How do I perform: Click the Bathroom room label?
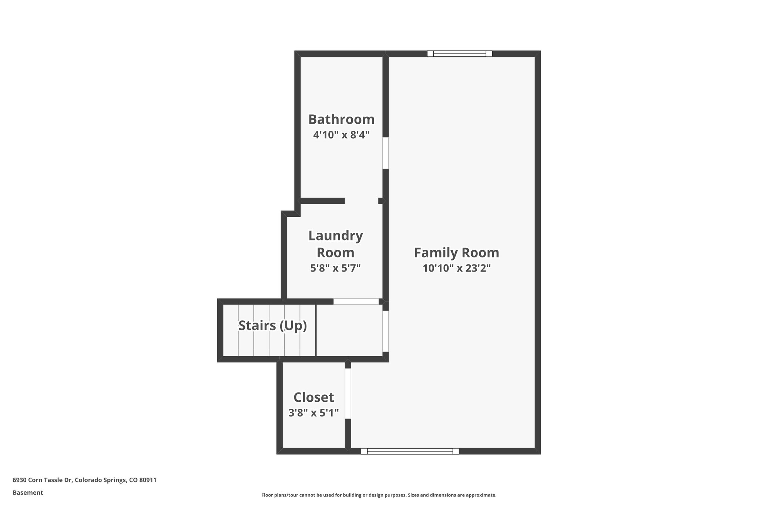(341, 119)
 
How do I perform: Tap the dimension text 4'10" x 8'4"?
(341, 135)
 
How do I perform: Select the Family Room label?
(456, 253)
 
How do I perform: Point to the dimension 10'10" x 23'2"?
(456, 268)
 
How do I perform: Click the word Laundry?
(335, 236)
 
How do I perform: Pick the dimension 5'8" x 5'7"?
(335, 268)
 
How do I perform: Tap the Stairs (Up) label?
(272, 326)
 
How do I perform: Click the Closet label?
(313, 397)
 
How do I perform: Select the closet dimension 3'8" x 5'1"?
(313, 413)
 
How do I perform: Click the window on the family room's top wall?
(459, 54)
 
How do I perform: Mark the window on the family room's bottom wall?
(410, 451)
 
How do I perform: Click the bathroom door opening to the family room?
(385, 153)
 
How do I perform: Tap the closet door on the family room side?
(348, 393)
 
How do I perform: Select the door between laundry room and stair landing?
(356, 302)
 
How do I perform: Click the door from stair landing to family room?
(385, 331)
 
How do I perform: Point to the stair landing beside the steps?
(349, 330)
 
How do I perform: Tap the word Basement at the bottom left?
(28, 493)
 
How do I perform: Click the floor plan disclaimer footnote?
(379, 495)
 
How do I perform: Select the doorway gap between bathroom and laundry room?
(361, 201)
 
